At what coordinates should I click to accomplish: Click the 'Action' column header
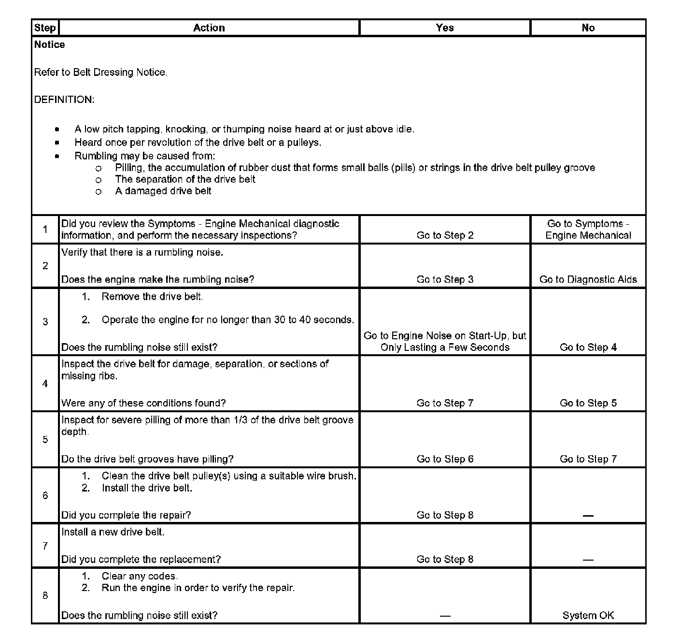pyautogui.click(x=209, y=28)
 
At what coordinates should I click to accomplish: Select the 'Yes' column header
pyautogui.click(x=444, y=28)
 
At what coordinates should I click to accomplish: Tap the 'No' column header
pyautogui.click(x=588, y=28)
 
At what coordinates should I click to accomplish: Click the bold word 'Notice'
pyautogui.click(x=49, y=45)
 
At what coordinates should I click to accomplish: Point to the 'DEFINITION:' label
pyautogui.click(x=64, y=100)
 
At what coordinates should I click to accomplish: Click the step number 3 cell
pyautogui.click(x=45, y=322)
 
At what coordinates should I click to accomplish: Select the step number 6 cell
pyautogui.click(x=45, y=495)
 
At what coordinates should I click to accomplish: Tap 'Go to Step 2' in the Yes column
pyautogui.click(x=445, y=235)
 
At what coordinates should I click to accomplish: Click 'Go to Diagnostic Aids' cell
pyautogui.click(x=588, y=279)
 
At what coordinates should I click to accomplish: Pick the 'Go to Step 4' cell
pyautogui.click(x=588, y=347)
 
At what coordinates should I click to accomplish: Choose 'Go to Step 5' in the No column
pyautogui.click(x=588, y=403)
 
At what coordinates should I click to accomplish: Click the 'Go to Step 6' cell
pyautogui.click(x=445, y=459)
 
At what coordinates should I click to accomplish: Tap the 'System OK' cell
pyautogui.click(x=588, y=615)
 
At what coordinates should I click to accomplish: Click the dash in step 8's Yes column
pyautogui.click(x=445, y=616)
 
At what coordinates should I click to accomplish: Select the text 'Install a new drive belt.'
pyautogui.click(x=113, y=532)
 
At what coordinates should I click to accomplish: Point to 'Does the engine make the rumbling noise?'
pyautogui.click(x=157, y=279)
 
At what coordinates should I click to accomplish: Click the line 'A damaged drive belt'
pyautogui.click(x=163, y=191)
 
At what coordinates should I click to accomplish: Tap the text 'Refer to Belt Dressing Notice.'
pyautogui.click(x=100, y=72)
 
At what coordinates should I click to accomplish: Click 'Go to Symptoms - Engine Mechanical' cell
pyautogui.click(x=588, y=230)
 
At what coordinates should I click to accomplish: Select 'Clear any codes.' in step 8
pyautogui.click(x=140, y=576)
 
